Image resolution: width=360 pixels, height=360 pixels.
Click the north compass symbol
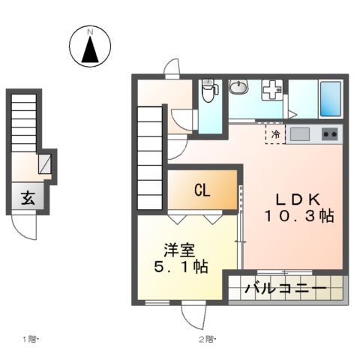point(89,46)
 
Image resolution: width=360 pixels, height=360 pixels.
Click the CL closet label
point(202,190)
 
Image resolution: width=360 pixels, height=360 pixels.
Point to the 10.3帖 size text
point(298,215)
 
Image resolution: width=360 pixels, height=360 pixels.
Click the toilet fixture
point(210,91)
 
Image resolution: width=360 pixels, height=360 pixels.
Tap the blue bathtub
point(329,98)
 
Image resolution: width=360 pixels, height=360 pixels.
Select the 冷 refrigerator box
point(276,134)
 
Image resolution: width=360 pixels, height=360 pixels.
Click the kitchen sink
point(300,134)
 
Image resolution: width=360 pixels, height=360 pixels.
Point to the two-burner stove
point(329,134)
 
